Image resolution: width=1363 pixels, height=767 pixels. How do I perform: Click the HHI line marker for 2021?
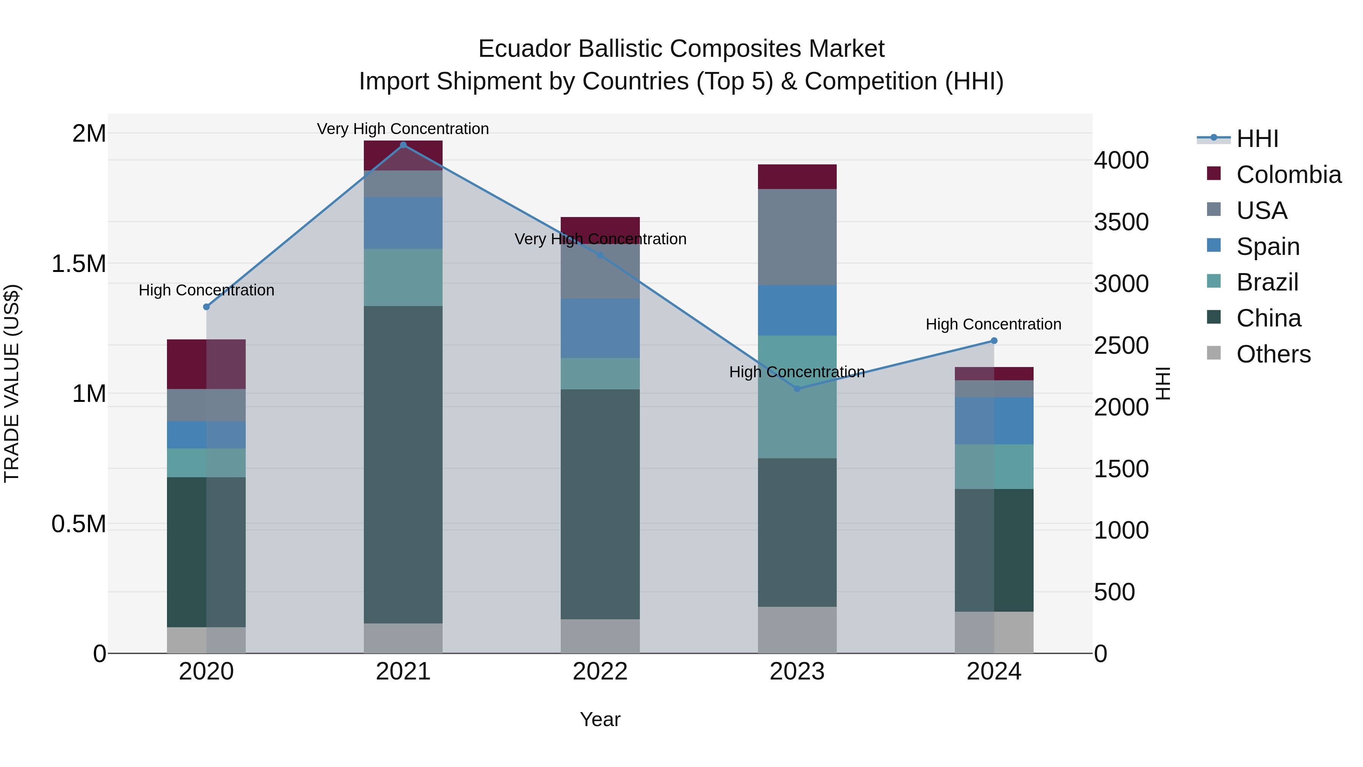point(403,145)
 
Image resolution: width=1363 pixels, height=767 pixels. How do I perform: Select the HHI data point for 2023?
point(797,389)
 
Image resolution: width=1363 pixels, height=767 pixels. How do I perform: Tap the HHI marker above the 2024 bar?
point(994,341)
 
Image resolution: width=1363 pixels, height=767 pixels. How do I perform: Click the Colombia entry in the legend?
point(1288,175)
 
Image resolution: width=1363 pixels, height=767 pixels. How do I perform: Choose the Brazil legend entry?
point(1267,282)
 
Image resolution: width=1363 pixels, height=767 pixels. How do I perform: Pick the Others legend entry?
point(1273,354)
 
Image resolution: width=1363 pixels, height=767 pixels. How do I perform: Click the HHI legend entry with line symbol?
point(1257,139)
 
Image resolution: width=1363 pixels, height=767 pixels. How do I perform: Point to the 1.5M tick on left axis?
point(78,264)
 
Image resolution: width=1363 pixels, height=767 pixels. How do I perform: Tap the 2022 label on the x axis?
point(600,672)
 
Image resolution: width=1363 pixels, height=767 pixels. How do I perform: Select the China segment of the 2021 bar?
point(403,464)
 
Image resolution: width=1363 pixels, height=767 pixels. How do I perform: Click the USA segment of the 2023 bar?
point(797,237)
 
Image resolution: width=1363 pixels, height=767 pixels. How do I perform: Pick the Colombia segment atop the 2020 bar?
point(206,364)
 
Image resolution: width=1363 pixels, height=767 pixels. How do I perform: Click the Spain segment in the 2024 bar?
point(994,421)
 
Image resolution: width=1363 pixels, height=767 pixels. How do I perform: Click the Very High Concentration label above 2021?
point(403,129)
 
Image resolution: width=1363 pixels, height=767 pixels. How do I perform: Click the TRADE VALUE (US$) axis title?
point(12,383)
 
